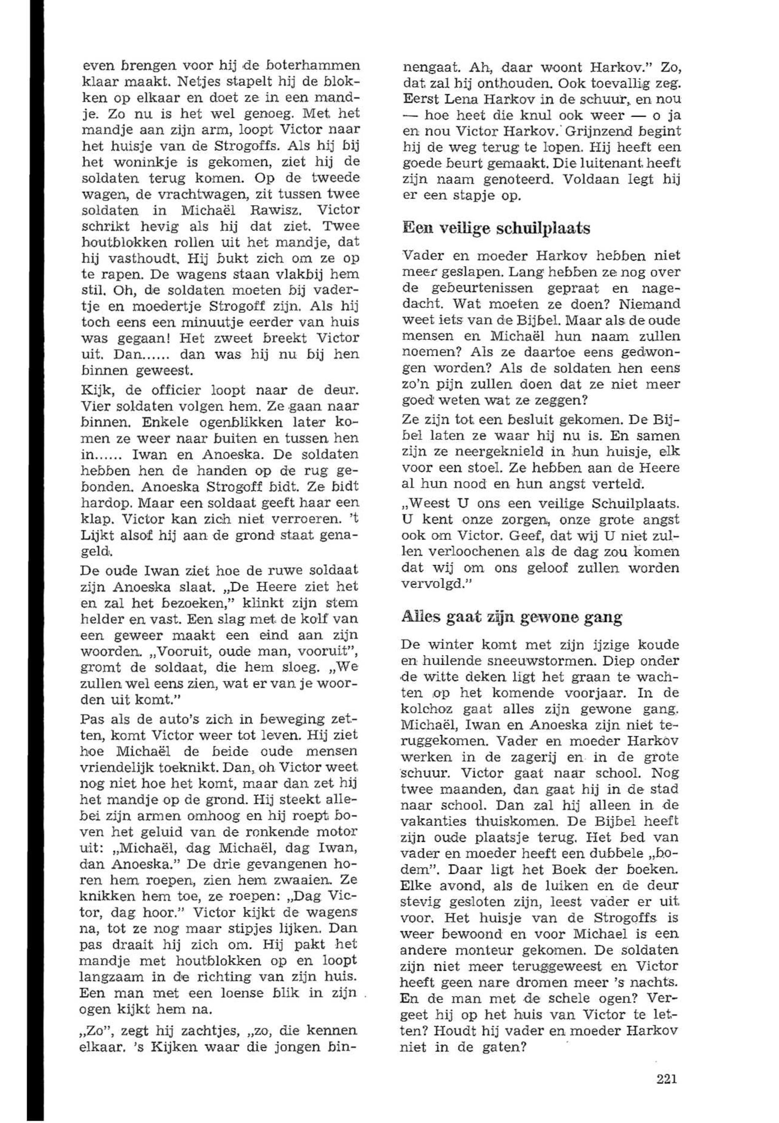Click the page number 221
(x=666, y=1065)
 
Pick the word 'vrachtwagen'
(x=212, y=194)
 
